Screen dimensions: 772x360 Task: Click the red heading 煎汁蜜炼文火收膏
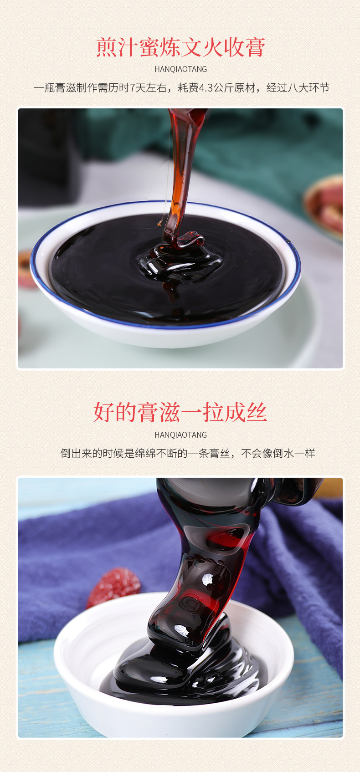[180, 47]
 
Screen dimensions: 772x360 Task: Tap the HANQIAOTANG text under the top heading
[180, 69]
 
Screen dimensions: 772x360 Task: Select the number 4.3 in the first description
[206, 87]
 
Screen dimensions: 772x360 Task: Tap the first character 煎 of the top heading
[107, 47]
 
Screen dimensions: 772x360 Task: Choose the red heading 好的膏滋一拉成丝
[180, 412]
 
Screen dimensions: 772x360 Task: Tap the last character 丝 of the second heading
[256, 412]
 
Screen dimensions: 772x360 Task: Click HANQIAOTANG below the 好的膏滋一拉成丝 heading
[180, 435]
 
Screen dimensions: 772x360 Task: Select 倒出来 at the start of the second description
[76, 453]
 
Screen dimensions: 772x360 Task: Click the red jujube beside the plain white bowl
[114, 585]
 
